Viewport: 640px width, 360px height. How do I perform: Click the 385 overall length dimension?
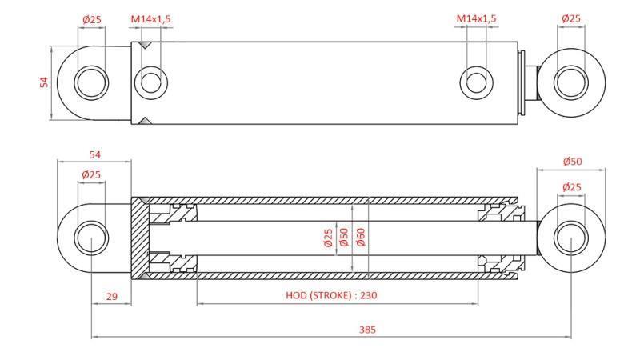(367, 330)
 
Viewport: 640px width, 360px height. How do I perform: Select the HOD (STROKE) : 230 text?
(331, 295)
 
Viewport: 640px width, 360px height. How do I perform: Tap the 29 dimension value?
(111, 296)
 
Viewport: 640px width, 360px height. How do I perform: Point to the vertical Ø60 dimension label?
(361, 238)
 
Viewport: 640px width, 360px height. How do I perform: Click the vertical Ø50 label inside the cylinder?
(344, 238)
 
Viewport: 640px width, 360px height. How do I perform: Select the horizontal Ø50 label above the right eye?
(571, 162)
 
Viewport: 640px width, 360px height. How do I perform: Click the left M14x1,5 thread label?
(150, 18)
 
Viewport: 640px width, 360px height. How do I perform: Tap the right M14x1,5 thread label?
(476, 18)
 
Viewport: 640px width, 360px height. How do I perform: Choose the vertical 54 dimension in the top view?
(45, 82)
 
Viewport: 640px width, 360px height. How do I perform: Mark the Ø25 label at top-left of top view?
(91, 18)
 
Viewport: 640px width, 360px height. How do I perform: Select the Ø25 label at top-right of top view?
(570, 18)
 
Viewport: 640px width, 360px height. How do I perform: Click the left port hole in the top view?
(150, 82)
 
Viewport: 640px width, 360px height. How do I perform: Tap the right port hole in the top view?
(476, 82)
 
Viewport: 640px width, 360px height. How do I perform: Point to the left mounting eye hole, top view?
(91, 82)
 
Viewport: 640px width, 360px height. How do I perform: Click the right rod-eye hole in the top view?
(570, 82)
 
